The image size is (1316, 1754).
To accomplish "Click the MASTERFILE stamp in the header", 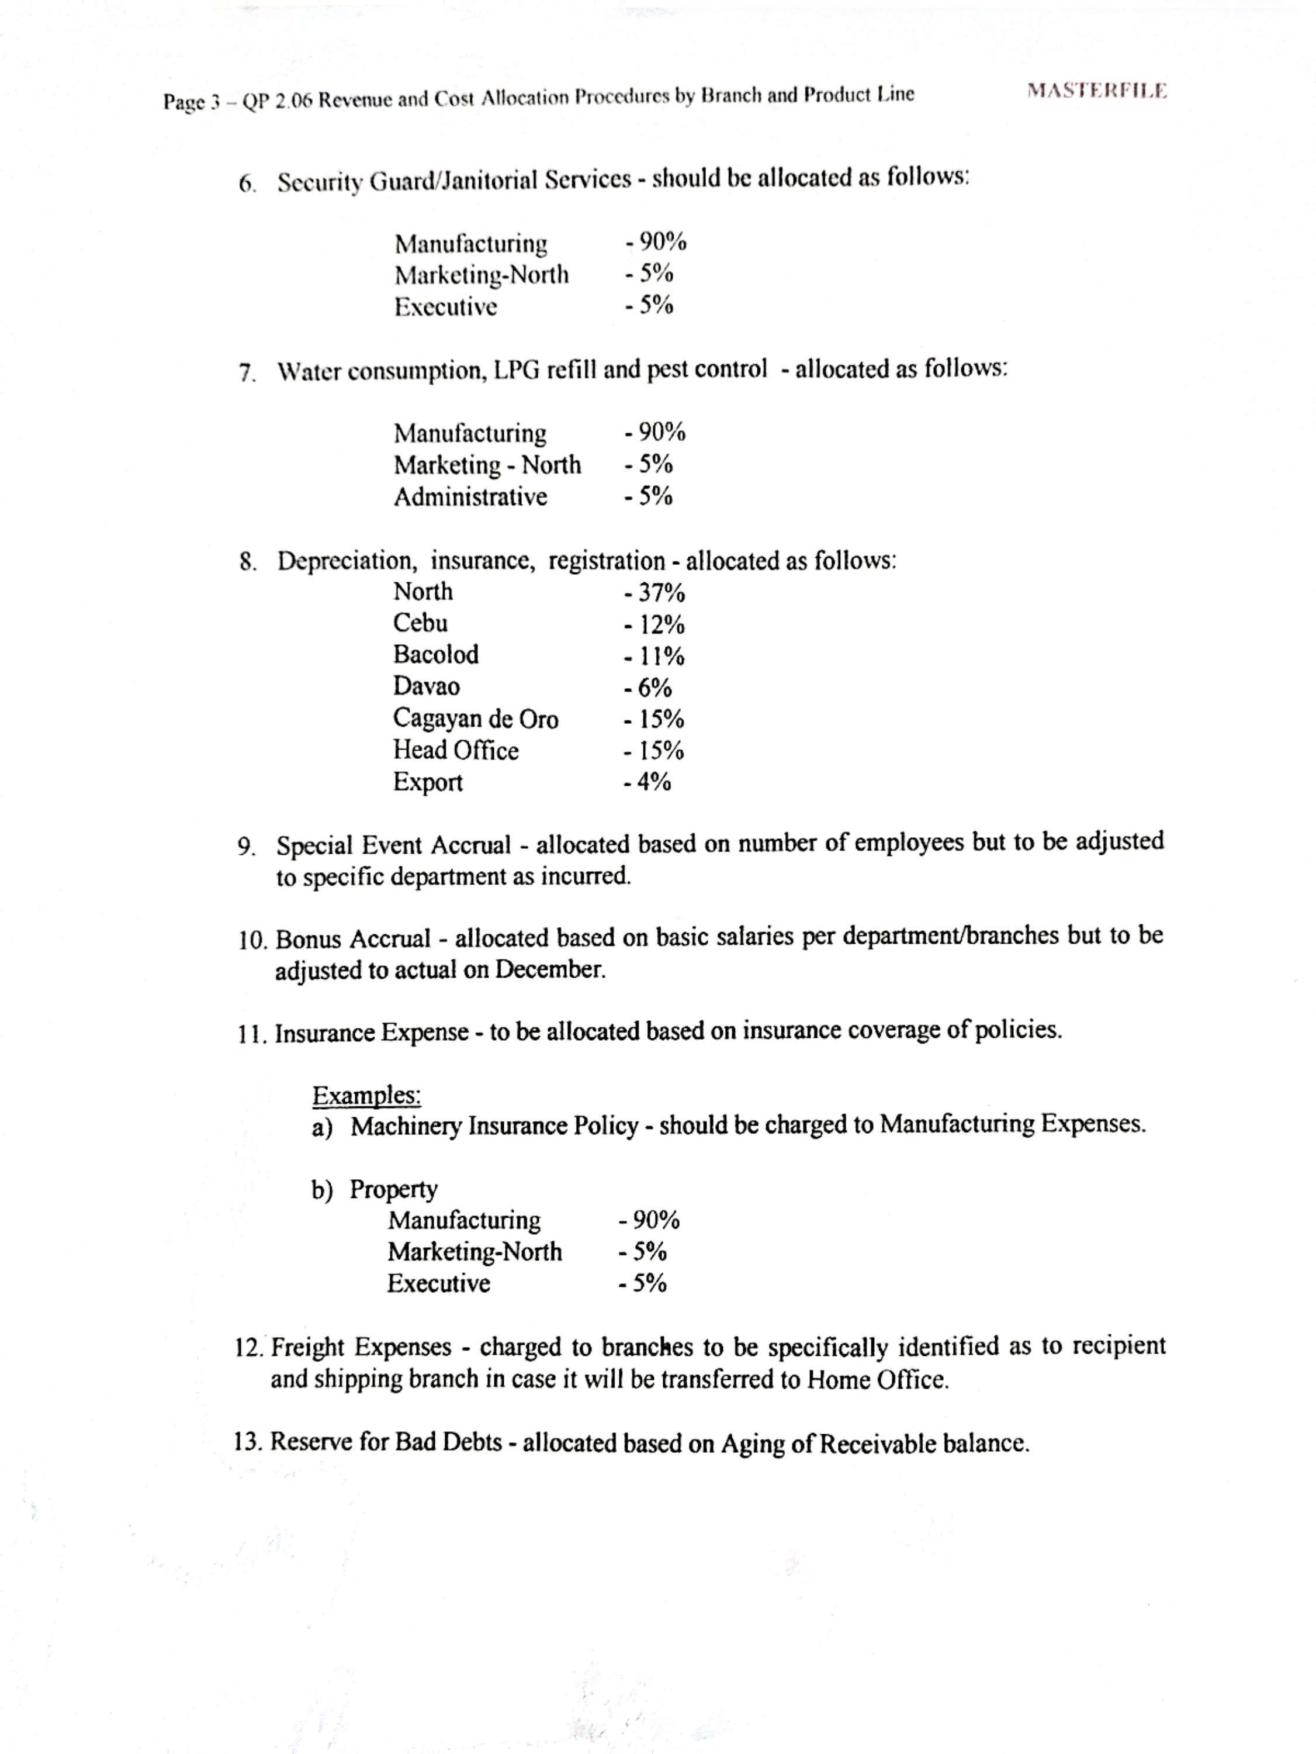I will (1096, 91).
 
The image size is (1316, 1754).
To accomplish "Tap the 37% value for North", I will (655, 592).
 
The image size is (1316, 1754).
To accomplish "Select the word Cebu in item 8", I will (420, 623).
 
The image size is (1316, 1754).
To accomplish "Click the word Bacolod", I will (436, 655).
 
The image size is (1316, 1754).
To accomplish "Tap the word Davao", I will (426, 687).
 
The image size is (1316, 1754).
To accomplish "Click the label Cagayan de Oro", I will (476, 719).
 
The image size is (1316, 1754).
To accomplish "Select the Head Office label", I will (456, 750).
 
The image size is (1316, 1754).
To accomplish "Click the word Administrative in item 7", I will (471, 497).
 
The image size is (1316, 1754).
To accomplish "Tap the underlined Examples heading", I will (366, 1096).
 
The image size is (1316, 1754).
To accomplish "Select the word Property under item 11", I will (393, 1189).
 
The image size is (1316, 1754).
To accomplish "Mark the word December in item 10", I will (549, 970).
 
